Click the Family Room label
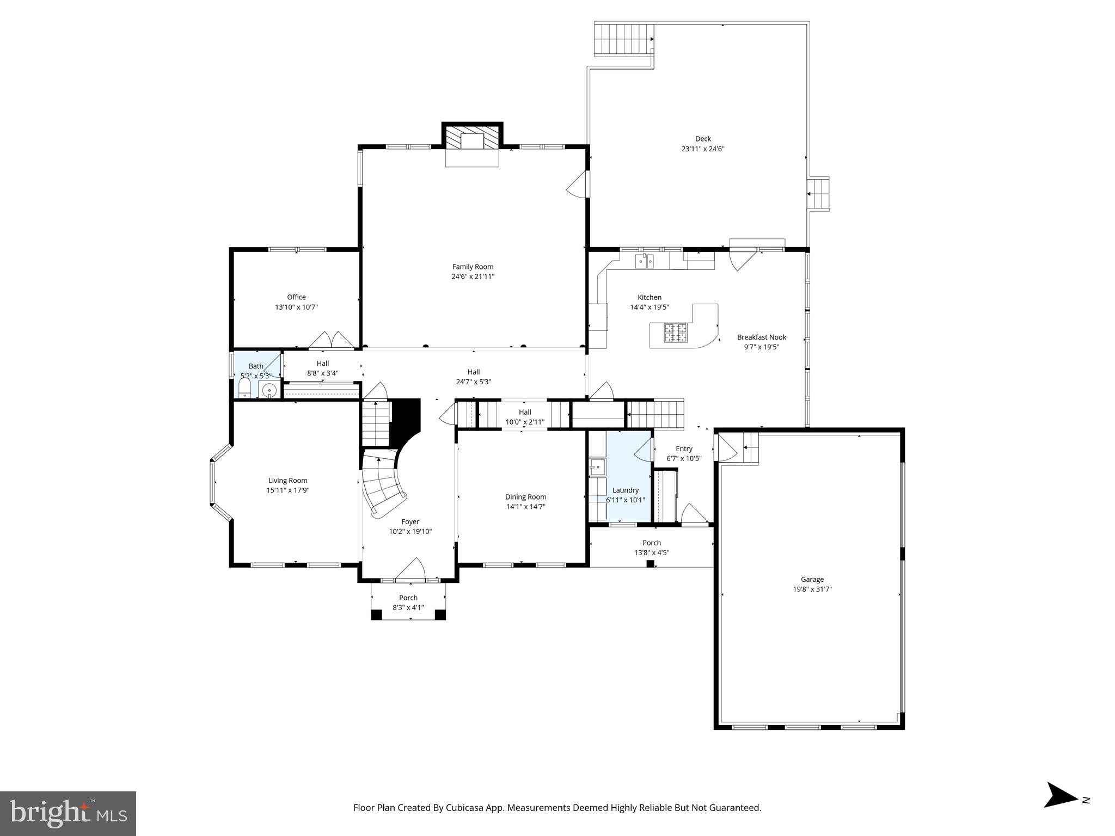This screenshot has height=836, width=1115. point(473,267)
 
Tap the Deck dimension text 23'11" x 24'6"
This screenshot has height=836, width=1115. point(703,149)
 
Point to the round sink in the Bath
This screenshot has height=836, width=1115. point(269,390)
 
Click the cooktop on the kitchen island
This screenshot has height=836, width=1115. point(675,333)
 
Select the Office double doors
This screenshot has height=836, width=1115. point(332,341)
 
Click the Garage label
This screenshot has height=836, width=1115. point(812,579)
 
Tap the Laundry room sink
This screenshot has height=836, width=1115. point(597,467)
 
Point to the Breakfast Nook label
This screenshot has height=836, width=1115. point(761,337)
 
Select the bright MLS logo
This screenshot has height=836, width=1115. point(68,814)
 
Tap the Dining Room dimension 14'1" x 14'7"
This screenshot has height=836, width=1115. point(525,507)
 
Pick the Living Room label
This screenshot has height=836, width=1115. point(287,480)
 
